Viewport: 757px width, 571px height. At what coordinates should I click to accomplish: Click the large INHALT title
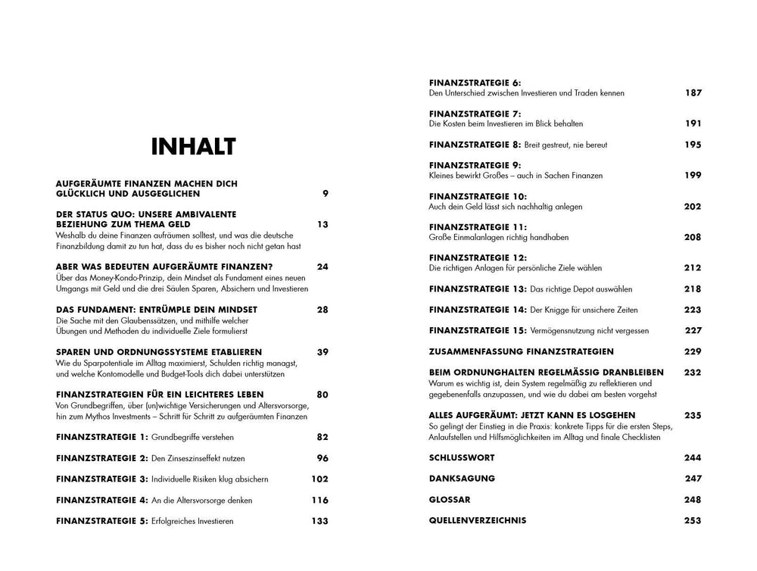click(194, 147)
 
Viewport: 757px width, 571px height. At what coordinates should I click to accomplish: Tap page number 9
click(325, 193)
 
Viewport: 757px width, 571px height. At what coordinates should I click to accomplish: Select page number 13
click(322, 224)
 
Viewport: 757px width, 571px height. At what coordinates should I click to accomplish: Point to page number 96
click(322, 458)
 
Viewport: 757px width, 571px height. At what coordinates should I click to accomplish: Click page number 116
click(319, 500)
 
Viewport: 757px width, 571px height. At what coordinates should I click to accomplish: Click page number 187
click(693, 93)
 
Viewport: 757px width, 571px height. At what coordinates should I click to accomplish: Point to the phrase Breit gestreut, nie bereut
click(567, 144)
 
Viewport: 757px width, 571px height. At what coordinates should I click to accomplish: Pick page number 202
click(693, 206)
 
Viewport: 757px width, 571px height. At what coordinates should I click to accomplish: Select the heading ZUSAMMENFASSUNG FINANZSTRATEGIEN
click(522, 351)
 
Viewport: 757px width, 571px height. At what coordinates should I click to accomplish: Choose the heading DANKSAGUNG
click(462, 479)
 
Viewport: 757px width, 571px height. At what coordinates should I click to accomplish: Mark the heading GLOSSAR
click(450, 500)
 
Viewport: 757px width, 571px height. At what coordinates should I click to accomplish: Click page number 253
click(693, 520)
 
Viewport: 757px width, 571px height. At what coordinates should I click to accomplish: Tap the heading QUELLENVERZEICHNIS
click(478, 520)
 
